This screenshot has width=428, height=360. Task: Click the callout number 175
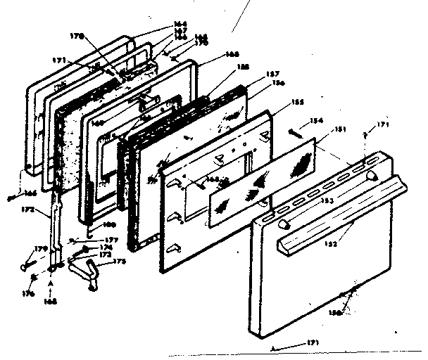tap(120, 262)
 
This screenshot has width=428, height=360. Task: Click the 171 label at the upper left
tap(59, 61)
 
